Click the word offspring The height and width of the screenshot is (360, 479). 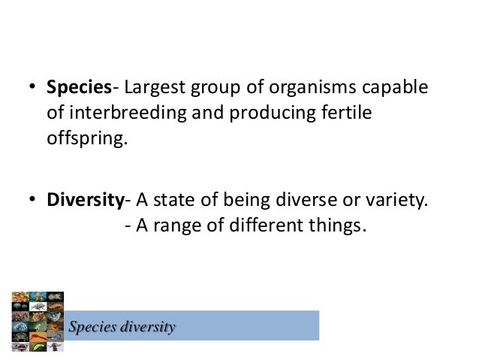[x=84, y=140]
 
